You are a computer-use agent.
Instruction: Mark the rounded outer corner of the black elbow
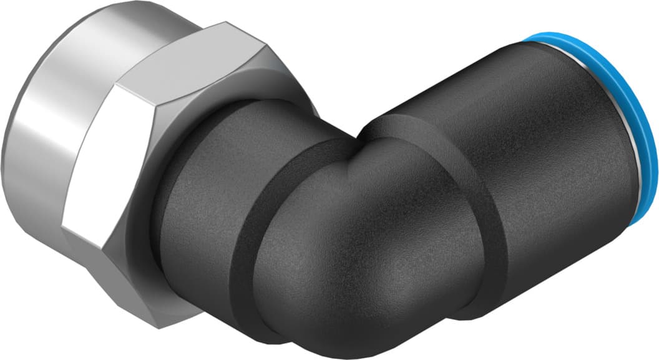pyautogui.click(x=349, y=293)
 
